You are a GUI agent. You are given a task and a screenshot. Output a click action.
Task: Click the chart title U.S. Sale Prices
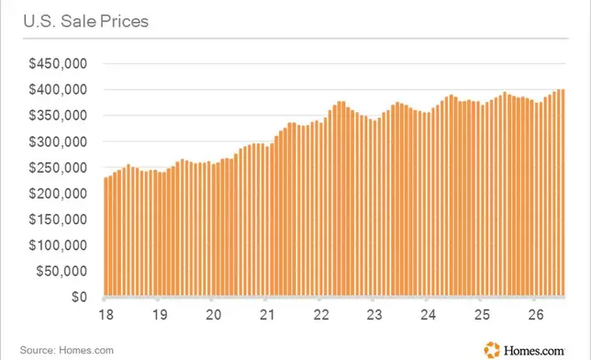coord(86,21)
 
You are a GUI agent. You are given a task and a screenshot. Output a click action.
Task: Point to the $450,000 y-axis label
coord(58,63)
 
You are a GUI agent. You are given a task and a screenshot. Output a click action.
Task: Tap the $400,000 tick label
coord(58,89)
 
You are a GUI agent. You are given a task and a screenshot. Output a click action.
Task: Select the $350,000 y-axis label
coord(58,115)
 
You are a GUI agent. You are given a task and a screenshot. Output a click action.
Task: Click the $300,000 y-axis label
coord(58,141)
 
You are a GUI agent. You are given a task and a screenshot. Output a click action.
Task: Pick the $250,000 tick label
coord(58,167)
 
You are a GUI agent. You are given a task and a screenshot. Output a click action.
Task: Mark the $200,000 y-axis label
coord(58,194)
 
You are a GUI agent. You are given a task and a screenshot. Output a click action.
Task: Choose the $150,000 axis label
coord(58,219)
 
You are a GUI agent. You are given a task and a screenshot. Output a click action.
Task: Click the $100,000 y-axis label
coord(58,245)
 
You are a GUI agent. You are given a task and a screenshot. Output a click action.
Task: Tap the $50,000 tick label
coord(61,271)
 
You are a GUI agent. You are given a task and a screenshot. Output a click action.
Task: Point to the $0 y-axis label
coord(79,297)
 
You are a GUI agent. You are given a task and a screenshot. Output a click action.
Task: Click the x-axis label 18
coord(106,314)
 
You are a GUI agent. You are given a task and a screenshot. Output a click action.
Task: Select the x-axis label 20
coord(213,314)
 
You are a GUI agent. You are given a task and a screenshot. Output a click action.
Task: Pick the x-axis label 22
coord(321,314)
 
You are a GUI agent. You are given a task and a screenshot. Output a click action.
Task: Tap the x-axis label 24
coord(429,314)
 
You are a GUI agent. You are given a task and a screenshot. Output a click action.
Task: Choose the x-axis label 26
coord(536,314)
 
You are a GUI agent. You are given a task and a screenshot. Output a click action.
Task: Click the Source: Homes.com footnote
coord(67,350)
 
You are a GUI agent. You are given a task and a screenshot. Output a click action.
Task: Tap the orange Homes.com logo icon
coord(492,350)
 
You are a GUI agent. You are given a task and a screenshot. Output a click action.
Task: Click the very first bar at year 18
coord(106,236)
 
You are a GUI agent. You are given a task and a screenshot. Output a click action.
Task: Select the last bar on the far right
coord(563,193)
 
